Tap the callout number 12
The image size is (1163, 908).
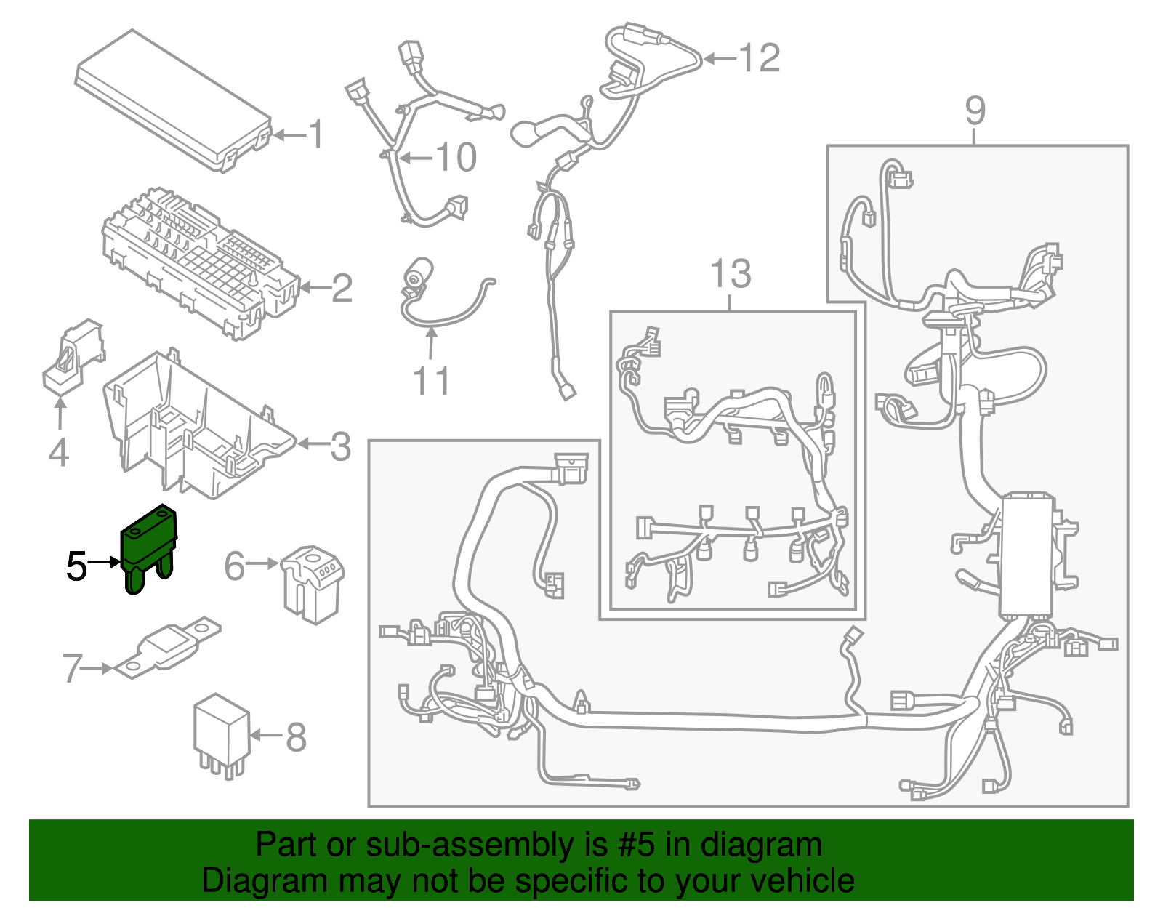760,58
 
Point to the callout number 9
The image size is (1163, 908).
975,111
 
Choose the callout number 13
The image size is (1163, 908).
730,275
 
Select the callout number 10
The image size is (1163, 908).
456,158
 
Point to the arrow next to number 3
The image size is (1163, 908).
311,444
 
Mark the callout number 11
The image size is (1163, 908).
431,381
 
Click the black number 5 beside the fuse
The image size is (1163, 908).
76,566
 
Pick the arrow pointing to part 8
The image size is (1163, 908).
266,736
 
